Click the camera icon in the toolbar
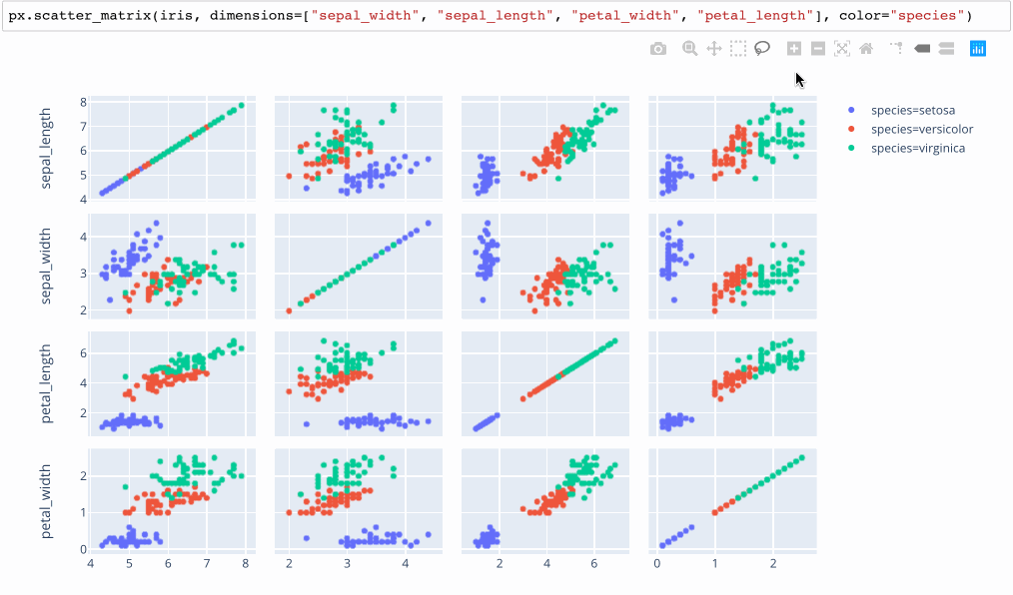click(x=657, y=49)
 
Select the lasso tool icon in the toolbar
click(x=763, y=48)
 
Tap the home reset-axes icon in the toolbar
click(x=866, y=48)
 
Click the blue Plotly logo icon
click(x=977, y=48)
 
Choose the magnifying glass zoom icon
click(x=689, y=48)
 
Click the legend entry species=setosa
click(x=913, y=110)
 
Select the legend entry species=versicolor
click(x=921, y=129)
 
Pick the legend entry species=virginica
click(x=917, y=148)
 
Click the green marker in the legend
click(x=851, y=148)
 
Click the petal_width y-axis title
click(x=47, y=500)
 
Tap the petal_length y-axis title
click(x=47, y=383)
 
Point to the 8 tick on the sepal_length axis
click(x=84, y=103)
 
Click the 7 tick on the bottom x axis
click(x=207, y=564)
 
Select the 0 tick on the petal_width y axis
click(x=84, y=549)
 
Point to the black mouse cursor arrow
click(x=799, y=79)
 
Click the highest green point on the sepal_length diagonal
click(x=241, y=105)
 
